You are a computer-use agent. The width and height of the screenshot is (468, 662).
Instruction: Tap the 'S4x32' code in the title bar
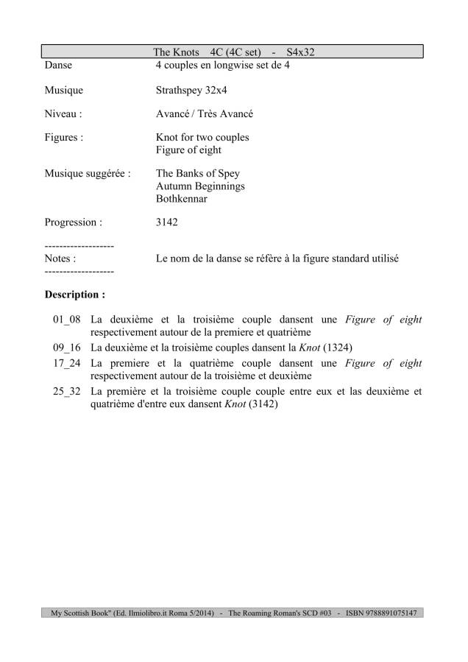coord(298,52)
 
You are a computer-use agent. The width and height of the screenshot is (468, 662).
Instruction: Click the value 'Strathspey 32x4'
coord(193,91)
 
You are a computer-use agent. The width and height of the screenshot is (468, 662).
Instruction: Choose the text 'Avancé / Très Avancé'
coord(206,114)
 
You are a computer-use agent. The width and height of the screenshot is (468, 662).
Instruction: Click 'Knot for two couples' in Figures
coord(202,138)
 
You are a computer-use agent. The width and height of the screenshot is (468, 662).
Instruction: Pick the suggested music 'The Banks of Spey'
coord(198,174)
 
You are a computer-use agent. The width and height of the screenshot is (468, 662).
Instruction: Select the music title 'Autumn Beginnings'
coord(200,186)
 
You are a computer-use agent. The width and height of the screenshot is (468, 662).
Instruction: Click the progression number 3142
coord(168,221)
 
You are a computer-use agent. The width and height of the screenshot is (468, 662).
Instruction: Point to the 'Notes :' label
coord(60,258)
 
